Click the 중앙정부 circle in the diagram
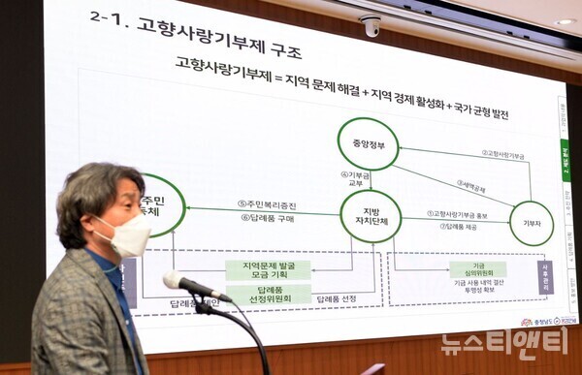tap(369, 143)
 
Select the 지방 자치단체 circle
tap(371, 215)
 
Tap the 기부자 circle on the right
tap(531, 222)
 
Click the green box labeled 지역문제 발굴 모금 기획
tap(268, 269)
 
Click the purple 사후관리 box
tap(543, 277)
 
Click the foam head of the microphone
tap(176, 281)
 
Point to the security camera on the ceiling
tap(371, 26)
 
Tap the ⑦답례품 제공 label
tap(458, 227)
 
